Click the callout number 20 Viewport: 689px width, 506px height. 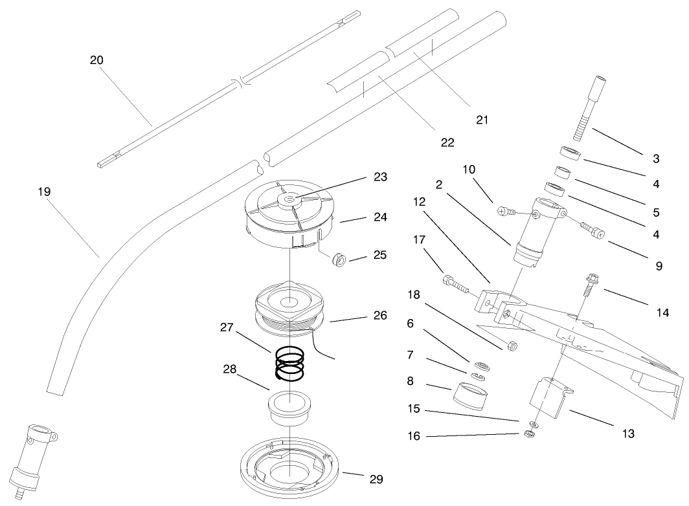(x=96, y=60)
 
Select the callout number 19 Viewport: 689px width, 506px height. (x=44, y=192)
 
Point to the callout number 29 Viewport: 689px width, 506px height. (x=376, y=479)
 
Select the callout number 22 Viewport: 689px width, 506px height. (x=447, y=141)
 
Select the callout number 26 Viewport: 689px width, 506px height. (x=379, y=316)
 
